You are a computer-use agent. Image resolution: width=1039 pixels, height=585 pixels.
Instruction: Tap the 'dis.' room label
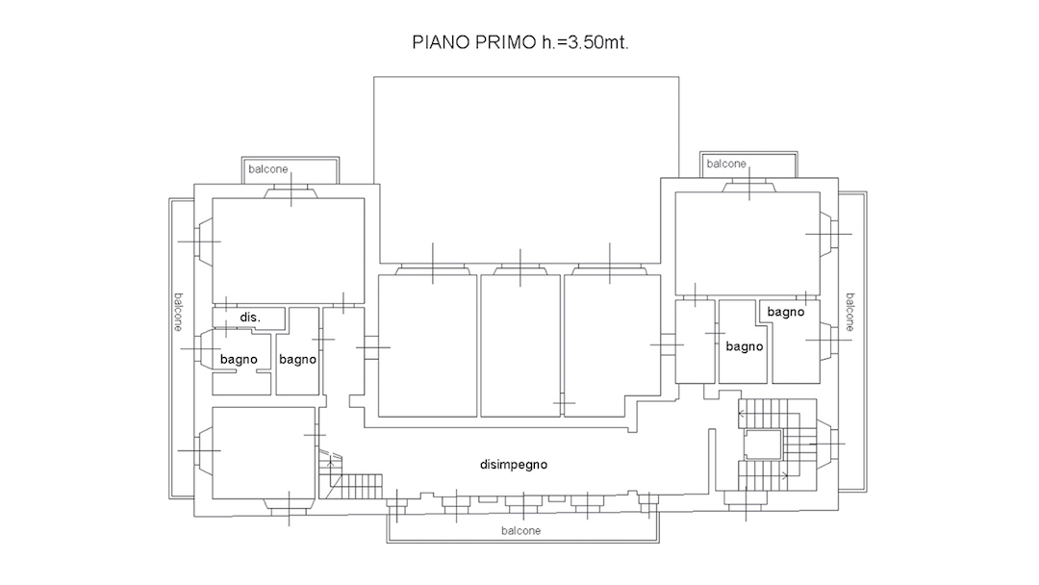[x=250, y=318]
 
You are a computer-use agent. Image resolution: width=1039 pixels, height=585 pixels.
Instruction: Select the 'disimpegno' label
[x=514, y=465]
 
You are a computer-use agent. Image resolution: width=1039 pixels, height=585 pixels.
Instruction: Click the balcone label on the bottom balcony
[x=520, y=531]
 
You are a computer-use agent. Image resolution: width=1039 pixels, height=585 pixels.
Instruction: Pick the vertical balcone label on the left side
[x=178, y=312]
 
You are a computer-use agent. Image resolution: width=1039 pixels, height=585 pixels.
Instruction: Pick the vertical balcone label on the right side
[x=850, y=312]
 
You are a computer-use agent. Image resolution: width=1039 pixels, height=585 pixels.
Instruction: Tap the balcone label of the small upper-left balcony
[x=268, y=169]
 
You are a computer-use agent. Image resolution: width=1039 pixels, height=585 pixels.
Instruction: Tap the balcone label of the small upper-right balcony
[x=726, y=164]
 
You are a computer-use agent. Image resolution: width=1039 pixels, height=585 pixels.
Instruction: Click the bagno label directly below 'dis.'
[x=239, y=359]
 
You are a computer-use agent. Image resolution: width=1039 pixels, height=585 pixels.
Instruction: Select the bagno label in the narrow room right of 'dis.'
[x=297, y=359]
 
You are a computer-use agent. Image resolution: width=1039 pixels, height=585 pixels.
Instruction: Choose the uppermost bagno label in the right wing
[x=786, y=312]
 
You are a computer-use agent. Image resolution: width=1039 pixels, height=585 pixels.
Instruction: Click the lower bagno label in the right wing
[x=744, y=345]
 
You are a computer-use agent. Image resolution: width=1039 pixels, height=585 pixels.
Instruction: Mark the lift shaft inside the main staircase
[x=763, y=444]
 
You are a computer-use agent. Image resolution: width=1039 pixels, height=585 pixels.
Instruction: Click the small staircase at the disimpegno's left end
[x=350, y=475]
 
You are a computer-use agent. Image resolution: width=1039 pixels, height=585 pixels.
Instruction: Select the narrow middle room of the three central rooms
[x=520, y=345]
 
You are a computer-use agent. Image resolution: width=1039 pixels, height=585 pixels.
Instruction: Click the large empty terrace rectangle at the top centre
[x=526, y=169]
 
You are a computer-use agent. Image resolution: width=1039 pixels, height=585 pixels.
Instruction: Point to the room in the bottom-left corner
[x=263, y=453]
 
